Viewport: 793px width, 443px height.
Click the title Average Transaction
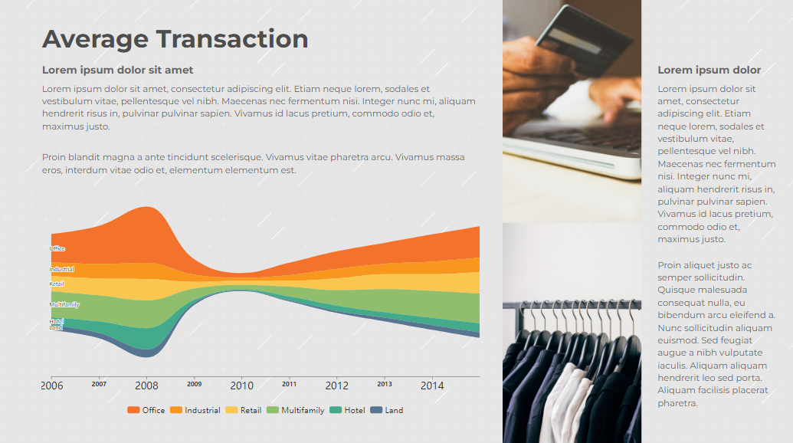[175, 39]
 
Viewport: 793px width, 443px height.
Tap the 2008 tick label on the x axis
[146, 386]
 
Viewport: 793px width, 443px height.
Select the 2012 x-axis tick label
[336, 386]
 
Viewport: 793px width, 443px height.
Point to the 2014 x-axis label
[432, 386]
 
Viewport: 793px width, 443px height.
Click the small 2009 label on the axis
[194, 384]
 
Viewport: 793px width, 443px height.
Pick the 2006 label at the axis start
[52, 386]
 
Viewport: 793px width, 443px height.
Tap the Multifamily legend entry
[296, 410]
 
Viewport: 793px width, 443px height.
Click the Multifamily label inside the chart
[64, 305]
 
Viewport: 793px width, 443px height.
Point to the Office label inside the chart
[57, 249]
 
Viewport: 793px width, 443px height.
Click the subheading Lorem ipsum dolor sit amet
[117, 71]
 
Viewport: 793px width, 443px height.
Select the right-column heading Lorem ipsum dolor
[709, 71]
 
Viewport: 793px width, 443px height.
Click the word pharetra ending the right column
[677, 403]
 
